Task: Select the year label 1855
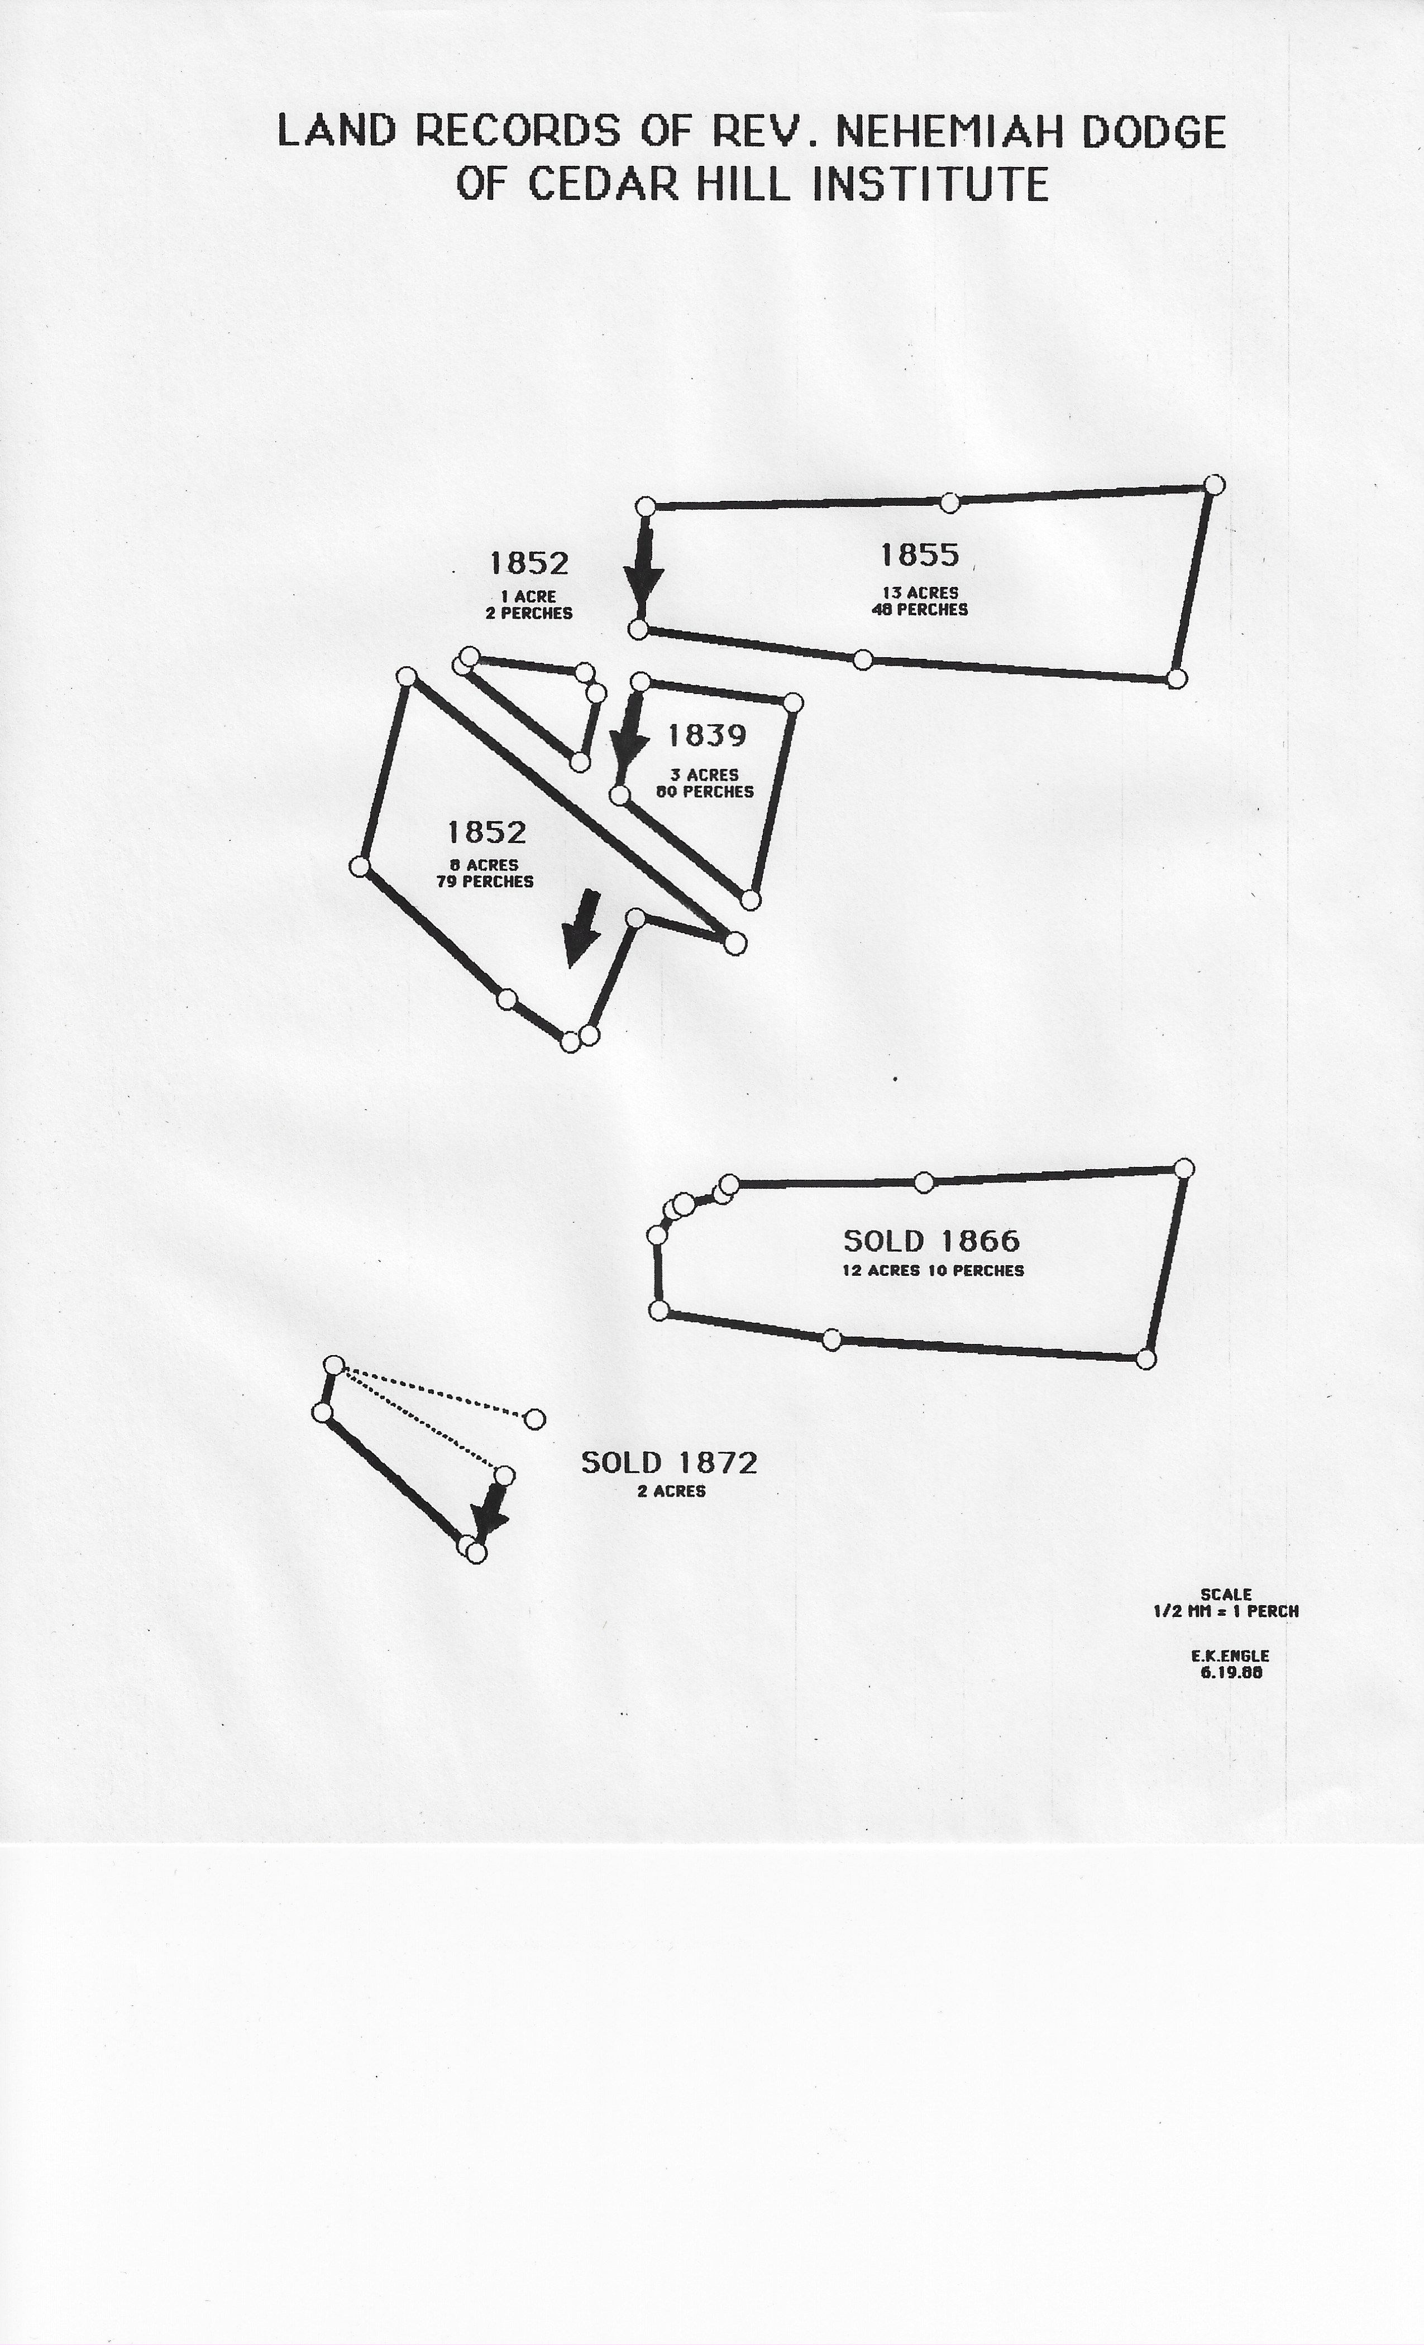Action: pyautogui.click(x=920, y=555)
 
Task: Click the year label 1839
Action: pyautogui.click(x=706, y=736)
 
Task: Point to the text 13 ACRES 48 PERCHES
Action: pyautogui.click(x=920, y=601)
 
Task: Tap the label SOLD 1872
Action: pyautogui.click(x=669, y=1463)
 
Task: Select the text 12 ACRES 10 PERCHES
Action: pyautogui.click(x=933, y=1271)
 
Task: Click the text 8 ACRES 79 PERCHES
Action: pyautogui.click(x=485, y=873)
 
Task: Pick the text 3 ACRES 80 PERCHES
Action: pyautogui.click(x=704, y=783)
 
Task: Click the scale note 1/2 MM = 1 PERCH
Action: pyautogui.click(x=1226, y=1611)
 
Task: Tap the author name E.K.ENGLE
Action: pyautogui.click(x=1230, y=1656)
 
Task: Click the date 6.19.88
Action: pyautogui.click(x=1232, y=1672)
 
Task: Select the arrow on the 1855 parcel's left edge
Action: pyautogui.click(x=644, y=568)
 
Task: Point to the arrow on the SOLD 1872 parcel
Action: pyautogui.click(x=490, y=1513)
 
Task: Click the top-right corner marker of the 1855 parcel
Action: pyautogui.click(x=1213, y=485)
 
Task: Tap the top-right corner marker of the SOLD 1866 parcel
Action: pyautogui.click(x=1183, y=1169)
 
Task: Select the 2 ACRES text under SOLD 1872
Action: pyautogui.click(x=671, y=1491)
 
